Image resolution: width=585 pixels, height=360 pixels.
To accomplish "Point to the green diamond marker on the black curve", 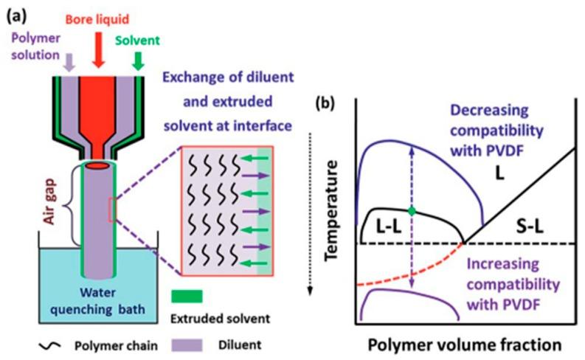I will pos(412,211).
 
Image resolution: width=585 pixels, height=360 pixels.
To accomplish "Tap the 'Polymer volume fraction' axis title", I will pos(465,345).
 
